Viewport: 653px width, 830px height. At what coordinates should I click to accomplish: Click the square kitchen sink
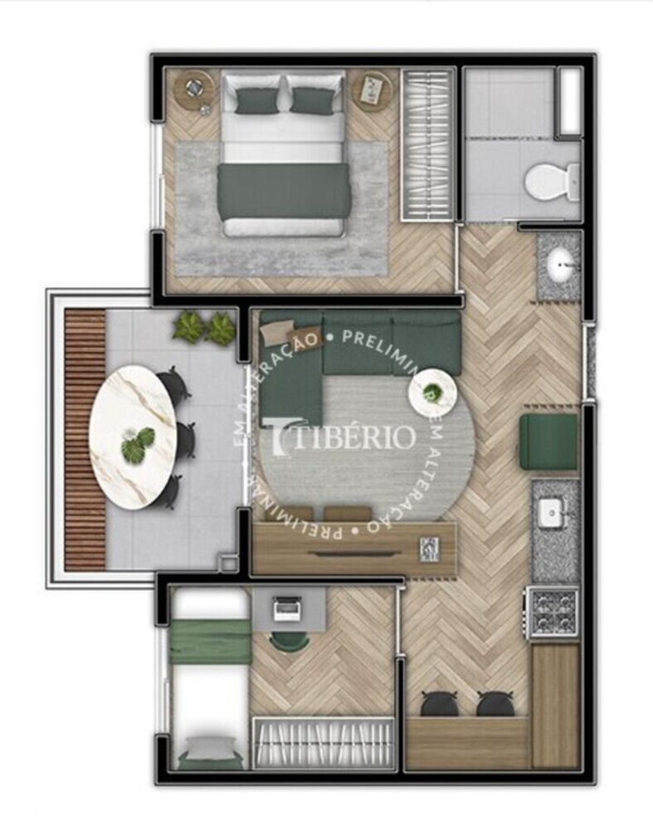click(552, 513)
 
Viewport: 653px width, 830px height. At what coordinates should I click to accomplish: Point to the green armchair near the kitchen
click(548, 442)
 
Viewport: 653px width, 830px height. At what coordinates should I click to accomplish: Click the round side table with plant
click(432, 392)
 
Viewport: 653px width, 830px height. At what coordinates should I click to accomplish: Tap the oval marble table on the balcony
click(133, 435)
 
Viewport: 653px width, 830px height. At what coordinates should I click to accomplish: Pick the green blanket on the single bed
click(209, 642)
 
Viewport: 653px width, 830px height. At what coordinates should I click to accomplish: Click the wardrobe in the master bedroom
click(428, 143)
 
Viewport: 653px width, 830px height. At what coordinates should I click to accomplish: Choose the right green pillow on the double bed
click(311, 100)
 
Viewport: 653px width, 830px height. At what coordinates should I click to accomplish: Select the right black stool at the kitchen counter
click(494, 704)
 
